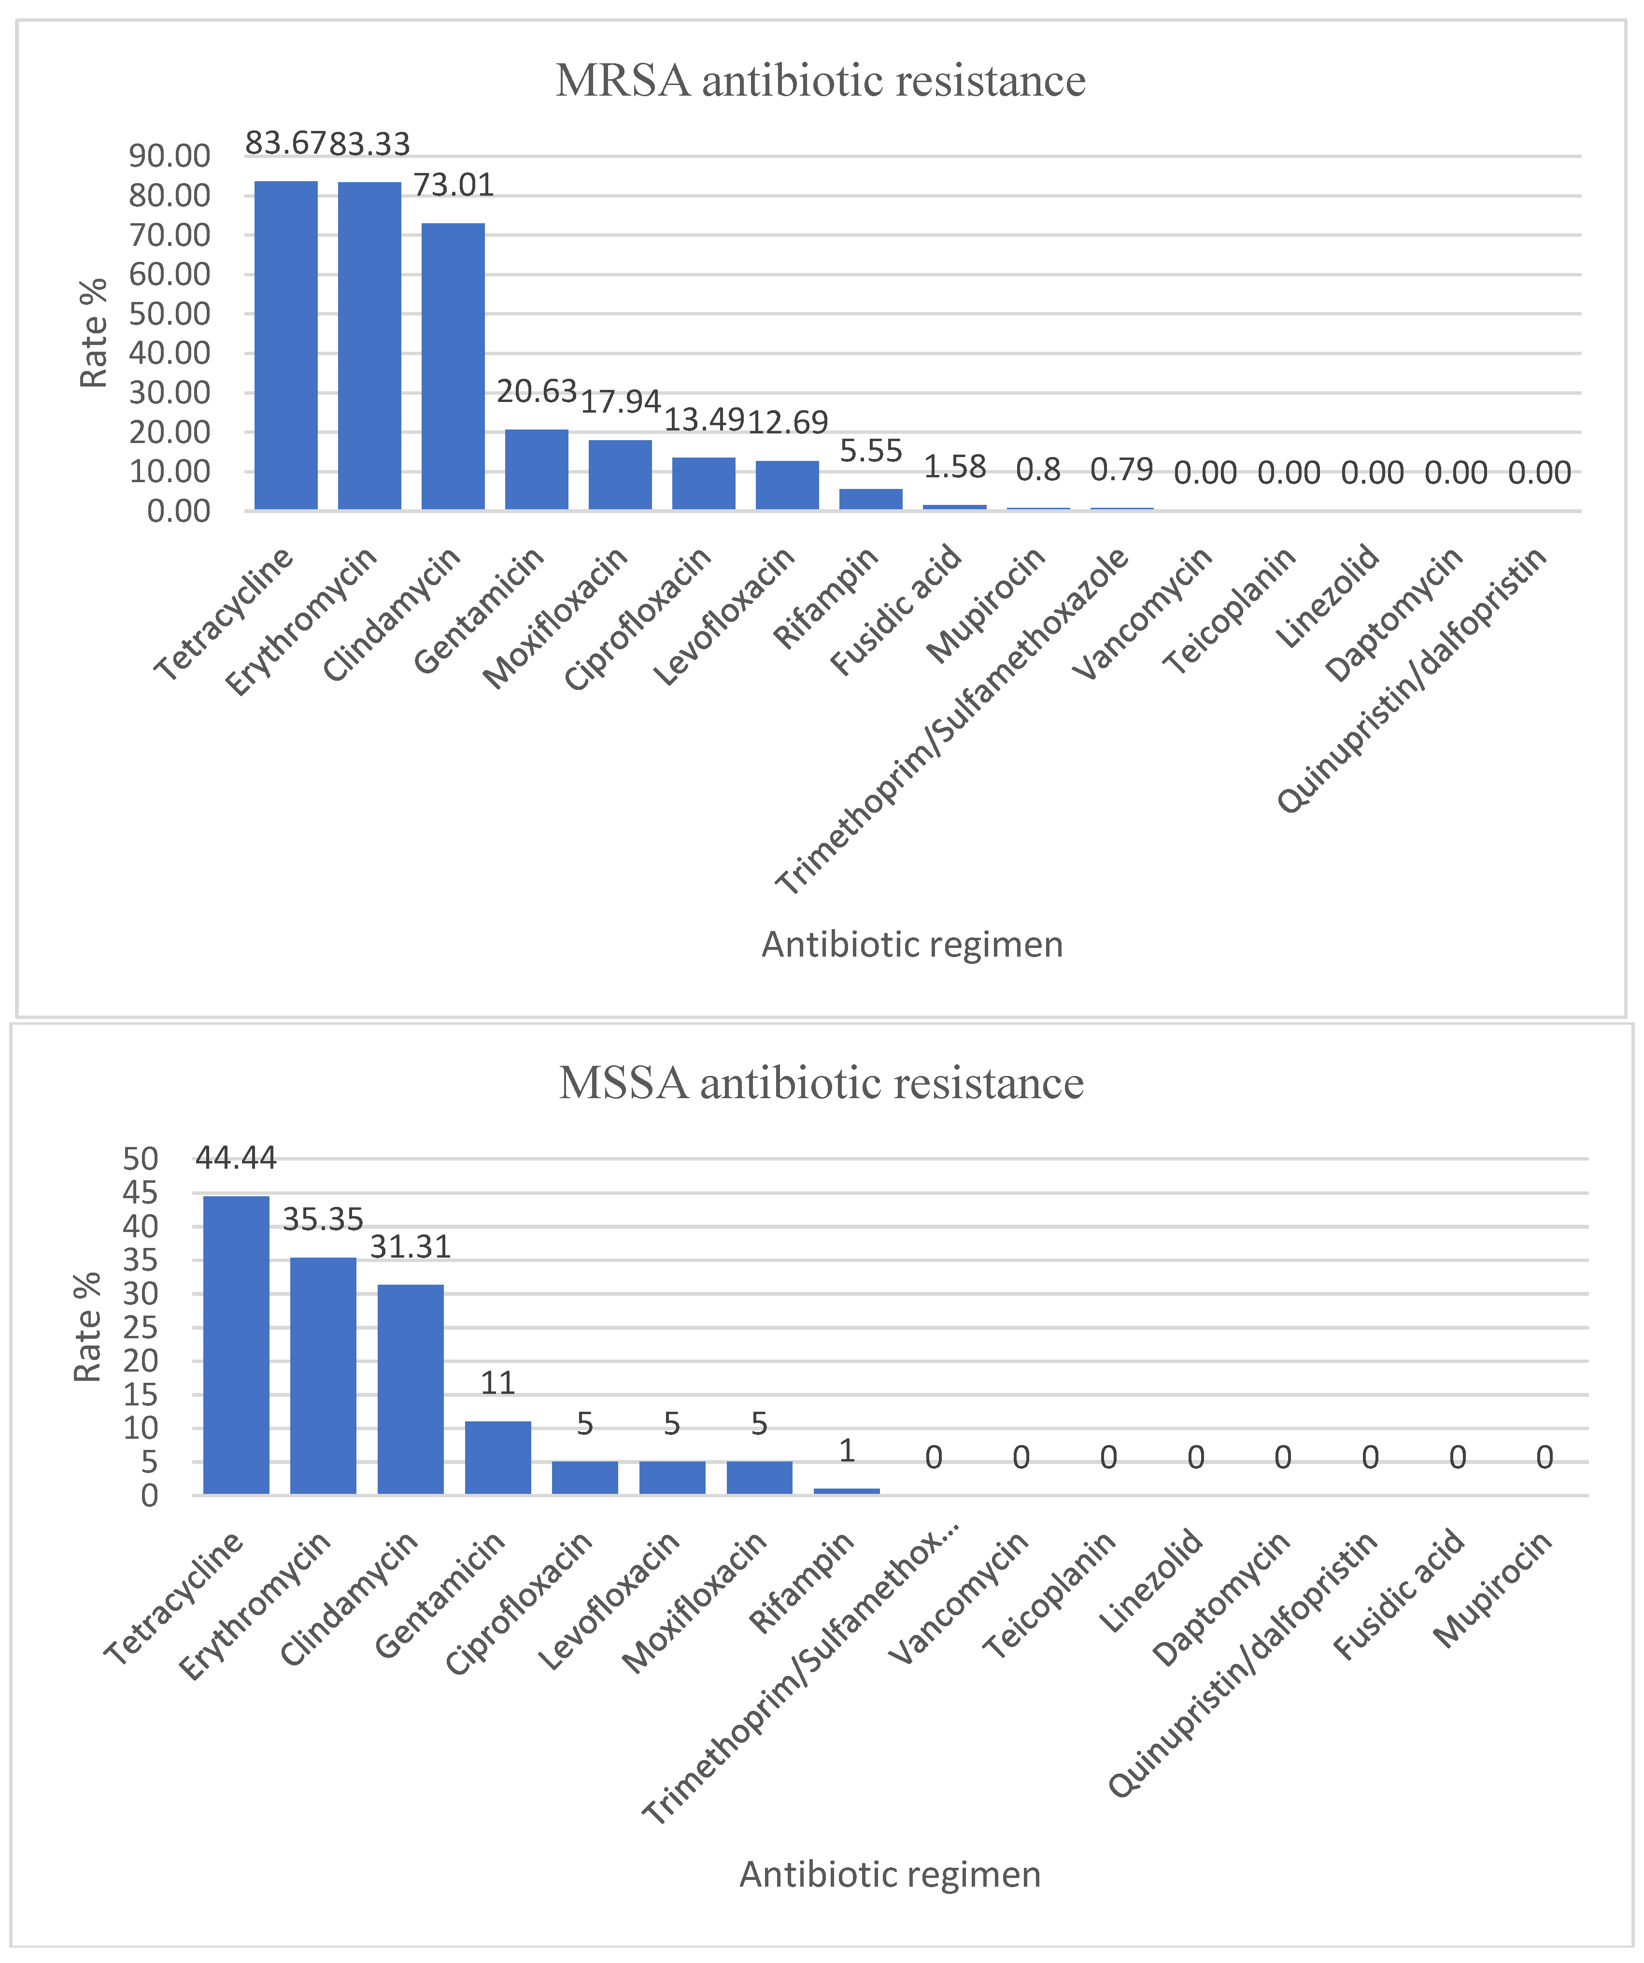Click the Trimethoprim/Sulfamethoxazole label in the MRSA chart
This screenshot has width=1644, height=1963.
(953, 720)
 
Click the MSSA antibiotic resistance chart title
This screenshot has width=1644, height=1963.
(821, 1083)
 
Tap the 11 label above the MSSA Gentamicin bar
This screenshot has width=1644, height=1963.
(497, 1383)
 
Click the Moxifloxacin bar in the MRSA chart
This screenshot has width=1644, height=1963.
(620, 475)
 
